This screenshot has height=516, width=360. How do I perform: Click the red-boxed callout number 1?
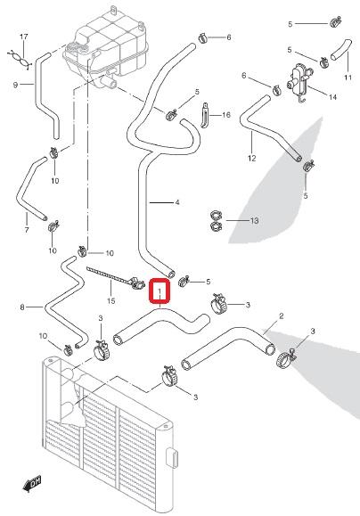160,291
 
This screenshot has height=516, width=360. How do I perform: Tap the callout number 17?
24,37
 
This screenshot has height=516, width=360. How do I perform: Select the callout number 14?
332,97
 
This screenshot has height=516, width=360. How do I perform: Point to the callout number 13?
254,220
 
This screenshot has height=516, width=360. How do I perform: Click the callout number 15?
111,301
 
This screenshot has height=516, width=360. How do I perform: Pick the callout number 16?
226,115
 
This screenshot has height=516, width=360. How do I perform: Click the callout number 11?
348,78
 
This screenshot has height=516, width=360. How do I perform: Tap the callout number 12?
252,159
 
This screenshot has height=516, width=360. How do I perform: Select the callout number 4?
177,202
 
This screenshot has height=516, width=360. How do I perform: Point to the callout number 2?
282,316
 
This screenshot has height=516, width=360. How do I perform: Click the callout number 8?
22,307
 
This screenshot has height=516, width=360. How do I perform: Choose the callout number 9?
15,85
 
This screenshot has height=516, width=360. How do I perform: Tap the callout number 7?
27,230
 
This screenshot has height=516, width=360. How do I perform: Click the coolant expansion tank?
106,48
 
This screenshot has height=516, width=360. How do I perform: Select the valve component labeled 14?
299,80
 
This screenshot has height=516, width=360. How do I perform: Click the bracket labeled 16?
205,115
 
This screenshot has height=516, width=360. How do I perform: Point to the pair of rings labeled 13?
216,221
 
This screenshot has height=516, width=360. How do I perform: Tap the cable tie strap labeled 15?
115,277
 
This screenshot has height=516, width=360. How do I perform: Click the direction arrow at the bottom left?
32,484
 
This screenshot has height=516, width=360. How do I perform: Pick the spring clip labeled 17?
20,59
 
